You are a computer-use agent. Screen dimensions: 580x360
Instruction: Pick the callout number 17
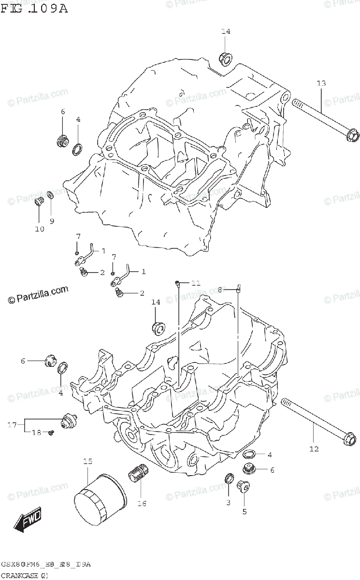pyautogui.click(x=13, y=425)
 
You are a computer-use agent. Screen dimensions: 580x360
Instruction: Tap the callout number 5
pyautogui.click(x=244, y=511)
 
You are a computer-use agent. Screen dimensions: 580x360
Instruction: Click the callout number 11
pyautogui.click(x=195, y=283)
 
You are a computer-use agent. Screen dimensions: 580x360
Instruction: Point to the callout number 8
pyautogui.click(x=219, y=290)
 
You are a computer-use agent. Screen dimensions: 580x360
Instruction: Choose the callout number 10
pyautogui.click(x=39, y=229)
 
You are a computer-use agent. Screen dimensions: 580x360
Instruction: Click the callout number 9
pyautogui.click(x=52, y=221)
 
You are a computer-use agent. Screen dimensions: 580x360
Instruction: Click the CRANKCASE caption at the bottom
pyautogui.click(x=24, y=575)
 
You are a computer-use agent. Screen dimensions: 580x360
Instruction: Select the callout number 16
pyautogui.click(x=142, y=504)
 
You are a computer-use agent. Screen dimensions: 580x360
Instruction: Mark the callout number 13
pyautogui.click(x=321, y=84)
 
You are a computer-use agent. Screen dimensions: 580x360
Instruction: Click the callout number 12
pyautogui.click(x=314, y=449)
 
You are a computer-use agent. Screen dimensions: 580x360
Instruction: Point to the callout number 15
pyautogui.click(x=87, y=462)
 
